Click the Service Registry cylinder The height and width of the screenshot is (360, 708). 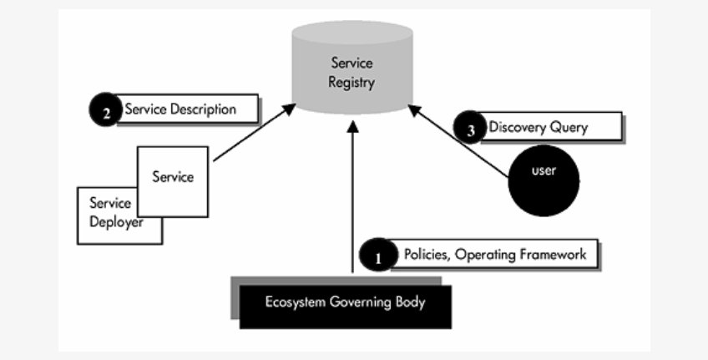[x=352, y=71]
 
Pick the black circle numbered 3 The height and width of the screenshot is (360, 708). [x=470, y=129]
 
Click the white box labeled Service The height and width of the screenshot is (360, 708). [x=173, y=179]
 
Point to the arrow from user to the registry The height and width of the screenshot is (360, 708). [x=459, y=142]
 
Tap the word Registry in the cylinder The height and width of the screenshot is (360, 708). [x=352, y=83]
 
